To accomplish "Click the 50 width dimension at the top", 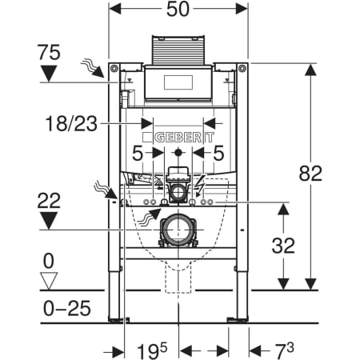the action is point(178,10).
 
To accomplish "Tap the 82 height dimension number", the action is point(310,174).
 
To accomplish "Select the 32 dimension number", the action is point(283,246).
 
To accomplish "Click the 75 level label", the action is point(49,52).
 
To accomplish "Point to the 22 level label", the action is point(49,201).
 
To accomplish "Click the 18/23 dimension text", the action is point(71,124).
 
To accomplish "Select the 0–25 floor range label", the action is point(67,309).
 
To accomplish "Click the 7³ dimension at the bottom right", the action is point(284,350).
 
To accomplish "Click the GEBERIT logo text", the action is point(184,138).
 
